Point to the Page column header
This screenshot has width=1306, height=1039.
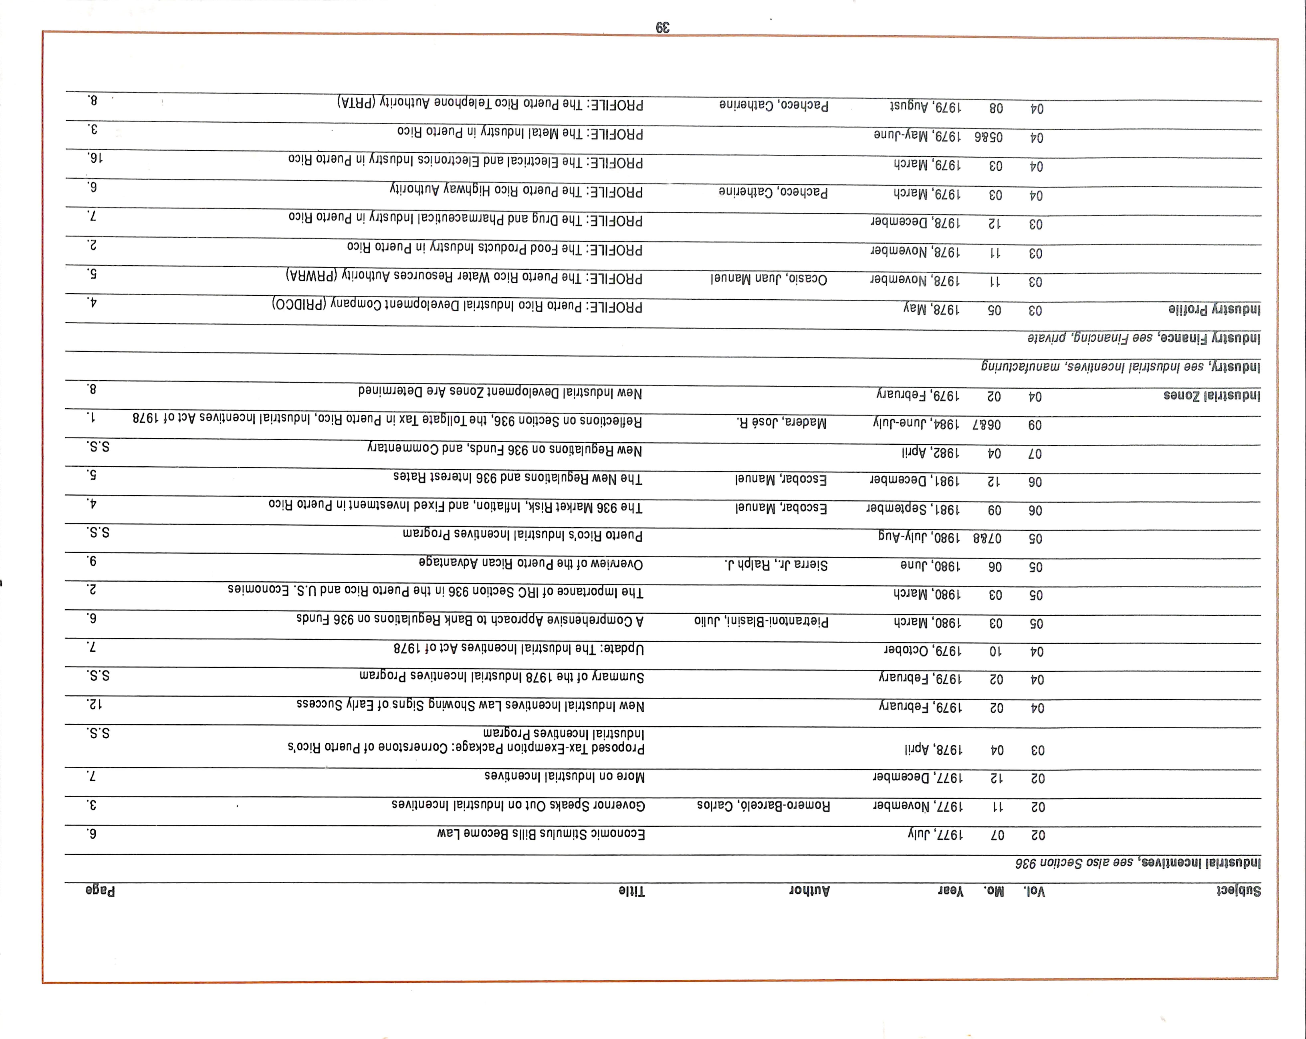(x=101, y=891)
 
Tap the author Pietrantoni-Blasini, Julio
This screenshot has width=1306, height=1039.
(x=761, y=622)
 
